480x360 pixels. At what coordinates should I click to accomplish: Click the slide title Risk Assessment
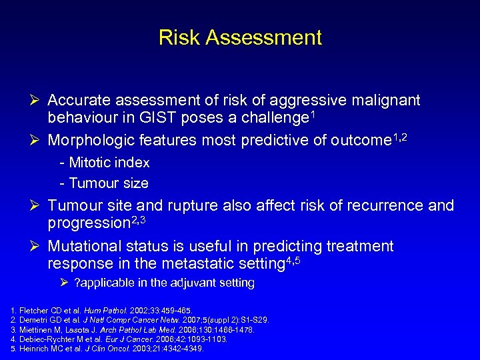[x=240, y=37]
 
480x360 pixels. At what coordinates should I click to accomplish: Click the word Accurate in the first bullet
[x=79, y=101]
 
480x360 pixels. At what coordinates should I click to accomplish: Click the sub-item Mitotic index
[x=105, y=163]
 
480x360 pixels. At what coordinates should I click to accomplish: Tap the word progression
[x=91, y=223]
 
